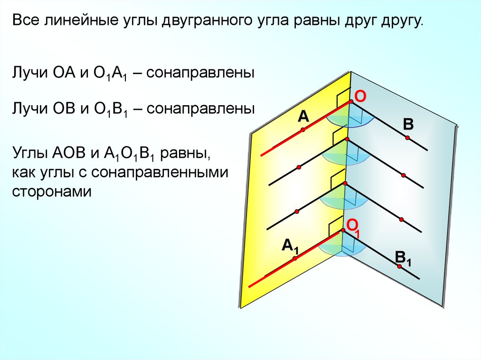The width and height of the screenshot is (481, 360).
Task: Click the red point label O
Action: pyautogui.click(x=360, y=96)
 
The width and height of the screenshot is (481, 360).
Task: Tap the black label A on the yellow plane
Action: pyautogui.click(x=303, y=116)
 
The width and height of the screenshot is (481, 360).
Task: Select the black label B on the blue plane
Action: pyautogui.click(x=408, y=124)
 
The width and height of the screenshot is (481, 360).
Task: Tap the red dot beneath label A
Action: pyautogui.click(x=303, y=130)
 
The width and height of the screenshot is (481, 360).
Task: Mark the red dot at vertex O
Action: pyautogui.click(x=350, y=102)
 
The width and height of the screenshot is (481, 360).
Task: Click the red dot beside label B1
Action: pyautogui.click(x=399, y=267)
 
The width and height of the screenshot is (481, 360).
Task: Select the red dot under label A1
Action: pyautogui.click(x=295, y=258)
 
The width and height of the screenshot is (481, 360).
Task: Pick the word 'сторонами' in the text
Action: pyautogui.click(x=50, y=191)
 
